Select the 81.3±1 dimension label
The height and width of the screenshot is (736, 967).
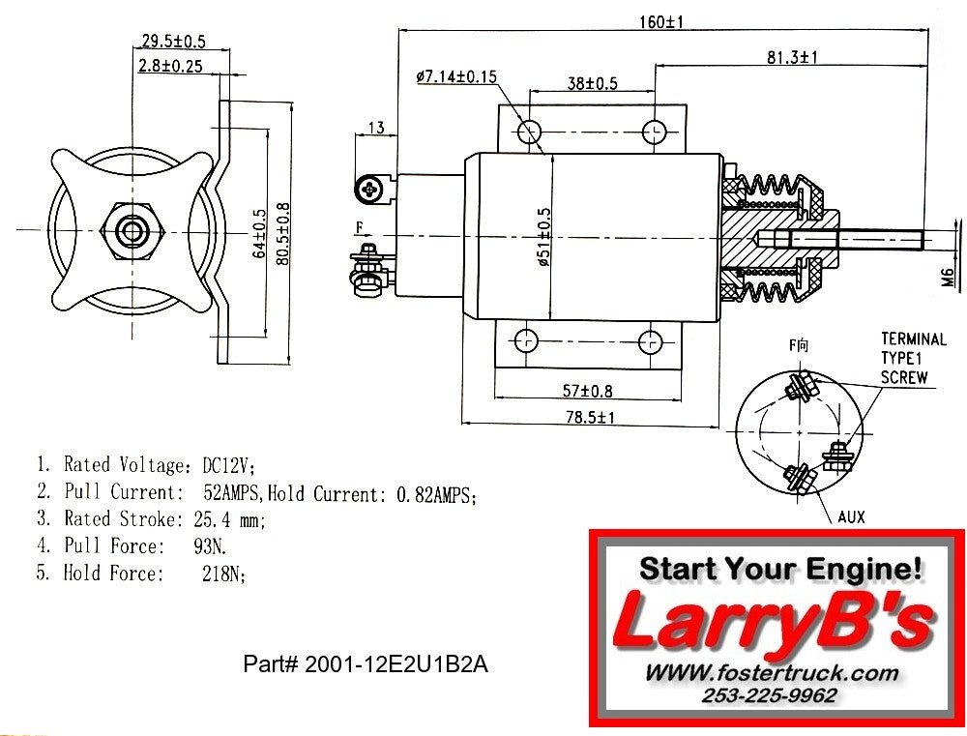[792, 58]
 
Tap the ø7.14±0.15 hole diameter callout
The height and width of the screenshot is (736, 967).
[456, 76]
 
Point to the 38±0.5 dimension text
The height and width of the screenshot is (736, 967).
[592, 83]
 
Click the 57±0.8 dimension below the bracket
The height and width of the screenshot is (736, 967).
[588, 391]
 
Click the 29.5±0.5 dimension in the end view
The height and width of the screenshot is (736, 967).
[173, 42]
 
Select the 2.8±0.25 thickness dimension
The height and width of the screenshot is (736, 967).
[170, 66]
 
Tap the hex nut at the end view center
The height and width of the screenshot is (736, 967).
[132, 231]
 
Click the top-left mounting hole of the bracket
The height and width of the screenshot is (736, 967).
[529, 131]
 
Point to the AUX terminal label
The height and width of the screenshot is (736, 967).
[851, 517]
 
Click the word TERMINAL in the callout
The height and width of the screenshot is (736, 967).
[913, 339]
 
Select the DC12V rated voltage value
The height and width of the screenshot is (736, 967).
[227, 465]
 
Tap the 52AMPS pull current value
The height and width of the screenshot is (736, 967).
[233, 493]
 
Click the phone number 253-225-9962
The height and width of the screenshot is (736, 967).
[771, 695]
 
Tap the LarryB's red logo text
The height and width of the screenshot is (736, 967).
[774, 622]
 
